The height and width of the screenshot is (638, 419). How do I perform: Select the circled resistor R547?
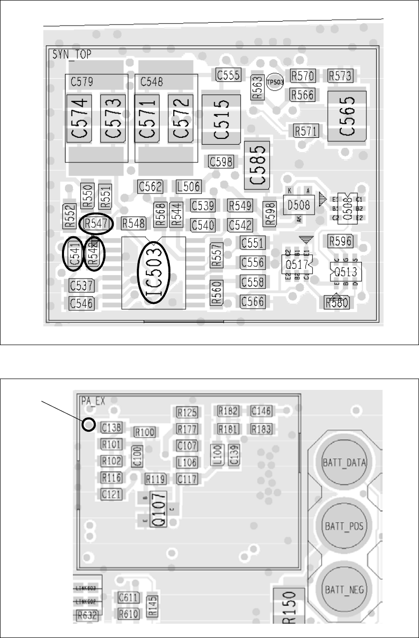coord(96,223)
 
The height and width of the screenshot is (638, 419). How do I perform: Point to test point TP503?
coord(275,83)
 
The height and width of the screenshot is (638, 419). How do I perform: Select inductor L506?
coord(188,186)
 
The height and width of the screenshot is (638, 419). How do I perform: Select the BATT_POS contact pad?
coord(343,526)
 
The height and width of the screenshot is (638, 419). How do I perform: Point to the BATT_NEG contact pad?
coord(343,589)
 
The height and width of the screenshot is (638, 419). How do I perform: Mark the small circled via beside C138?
coord(89,424)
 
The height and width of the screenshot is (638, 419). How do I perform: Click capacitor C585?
coord(257,166)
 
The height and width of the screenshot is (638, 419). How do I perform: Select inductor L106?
coord(187,462)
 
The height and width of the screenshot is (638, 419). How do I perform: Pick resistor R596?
coord(341,241)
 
